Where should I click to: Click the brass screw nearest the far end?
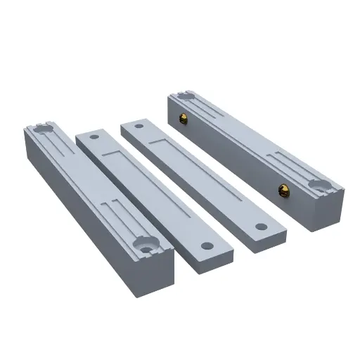(184, 117)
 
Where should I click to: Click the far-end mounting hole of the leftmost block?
(40, 130)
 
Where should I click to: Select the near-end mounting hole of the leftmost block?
(146, 247)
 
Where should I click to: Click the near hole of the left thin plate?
(207, 245)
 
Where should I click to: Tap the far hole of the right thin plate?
(140, 128)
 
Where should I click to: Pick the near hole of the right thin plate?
(261, 226)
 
